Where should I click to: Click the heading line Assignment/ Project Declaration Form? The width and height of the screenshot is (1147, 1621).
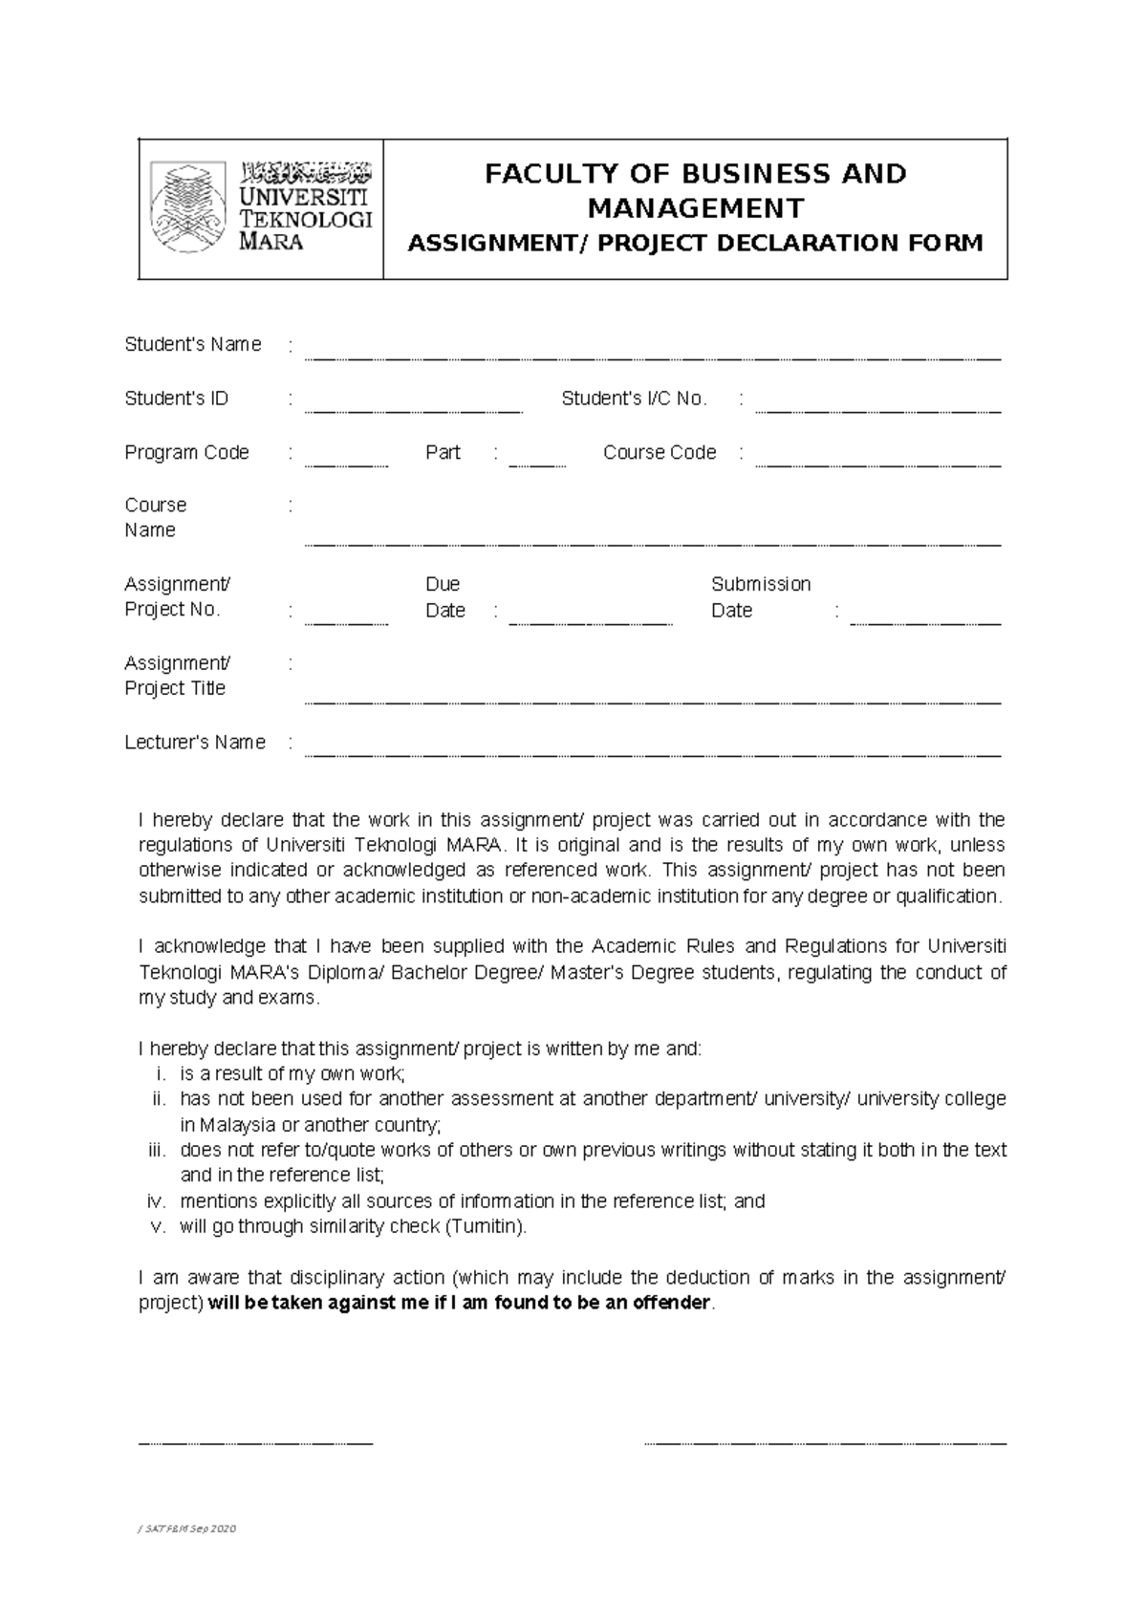pyautogui.click(x=695, y=244)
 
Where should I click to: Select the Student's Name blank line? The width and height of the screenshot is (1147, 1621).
pyautogui.click(x=652, y=357)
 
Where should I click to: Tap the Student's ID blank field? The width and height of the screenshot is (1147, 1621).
pyautogui.click(x=413, y=411)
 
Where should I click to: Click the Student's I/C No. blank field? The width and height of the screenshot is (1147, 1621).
pyautogui.click(x=877, y=411)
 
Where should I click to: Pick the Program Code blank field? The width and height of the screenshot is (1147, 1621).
pyautogui.click(x=346, y=465)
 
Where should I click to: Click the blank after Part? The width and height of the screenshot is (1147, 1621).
pyautogui.click(x=537, y=465)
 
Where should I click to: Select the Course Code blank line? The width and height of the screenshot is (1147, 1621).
pyautogui.click(x=877, y=465)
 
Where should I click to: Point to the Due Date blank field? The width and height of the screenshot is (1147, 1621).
pyautogui.click(x=591, y=622)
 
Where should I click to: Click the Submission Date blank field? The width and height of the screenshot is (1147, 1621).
pyautogui.click(x=924, y=622)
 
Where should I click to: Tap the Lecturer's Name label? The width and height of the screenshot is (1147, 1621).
pyautogui.click(x=195, y=743)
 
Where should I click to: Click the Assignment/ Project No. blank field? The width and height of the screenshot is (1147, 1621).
pyautogui.click(x=346, y=622)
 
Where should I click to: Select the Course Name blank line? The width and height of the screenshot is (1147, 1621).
pyautogui.click(x=652, y=543)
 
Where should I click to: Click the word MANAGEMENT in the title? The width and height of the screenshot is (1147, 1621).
pyautogui.click(x=695, y=208)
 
